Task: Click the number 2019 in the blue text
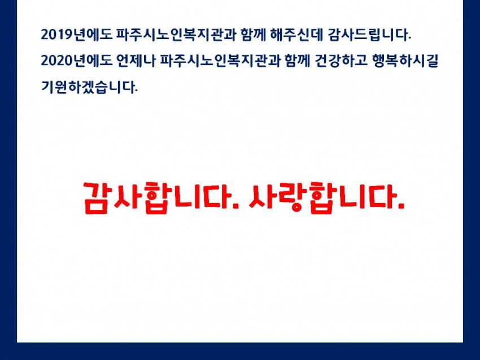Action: (57, 34)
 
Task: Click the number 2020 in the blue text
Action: (57, 60)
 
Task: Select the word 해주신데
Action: (296, 34)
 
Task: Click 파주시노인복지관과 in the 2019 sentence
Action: (176, 34)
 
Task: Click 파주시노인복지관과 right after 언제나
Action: (220, 60)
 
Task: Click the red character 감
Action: (97, 197)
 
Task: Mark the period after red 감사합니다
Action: (235, 207)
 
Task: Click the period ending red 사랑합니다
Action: (401, 207)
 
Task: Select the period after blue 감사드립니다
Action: (409, 39)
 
